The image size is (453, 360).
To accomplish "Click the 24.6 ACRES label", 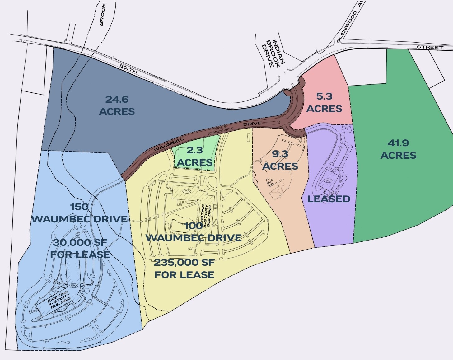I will click(117, 105).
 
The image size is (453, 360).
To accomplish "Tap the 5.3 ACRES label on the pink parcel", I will click(325, 103).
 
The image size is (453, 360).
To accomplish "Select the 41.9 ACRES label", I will click(398, 149).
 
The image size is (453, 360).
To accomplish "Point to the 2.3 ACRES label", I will click(195, 157).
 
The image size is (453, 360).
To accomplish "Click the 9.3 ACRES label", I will click(280, 160).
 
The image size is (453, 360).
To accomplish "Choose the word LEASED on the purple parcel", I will click(329, 199).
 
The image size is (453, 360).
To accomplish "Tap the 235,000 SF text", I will click(184, 263).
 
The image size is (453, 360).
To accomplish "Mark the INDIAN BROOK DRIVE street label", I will click(273, 54).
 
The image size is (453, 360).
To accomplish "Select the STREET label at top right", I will click(430, 47).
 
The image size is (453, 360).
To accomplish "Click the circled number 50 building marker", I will click(327, 180).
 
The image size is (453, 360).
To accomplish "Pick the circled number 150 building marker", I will click(74, 285).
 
